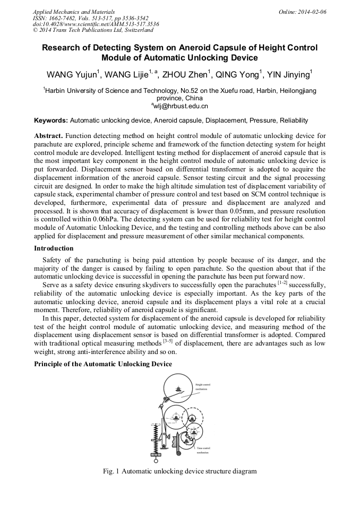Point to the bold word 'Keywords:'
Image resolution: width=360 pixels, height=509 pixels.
pyautogui.click(x=51, y=120)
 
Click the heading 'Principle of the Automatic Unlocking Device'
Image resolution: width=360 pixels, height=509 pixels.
pyautogui.click(x=103, y=364)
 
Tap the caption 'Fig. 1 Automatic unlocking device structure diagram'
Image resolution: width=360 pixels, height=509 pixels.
pyautogui.click(x=180, y=471)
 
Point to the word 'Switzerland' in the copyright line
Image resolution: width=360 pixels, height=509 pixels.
pyautogui.click(x=136, y=30)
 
